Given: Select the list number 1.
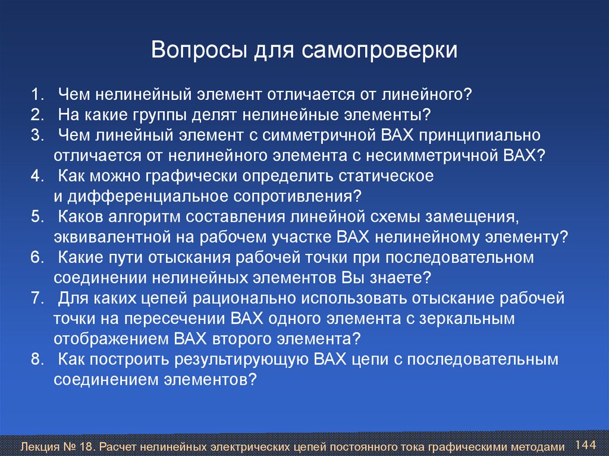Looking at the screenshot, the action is pyautogui.click(x=37, y=95).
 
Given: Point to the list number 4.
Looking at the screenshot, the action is pyautogui.click(x=37, y=176).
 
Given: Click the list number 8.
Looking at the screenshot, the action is pyautogui.click(x=37, y=359).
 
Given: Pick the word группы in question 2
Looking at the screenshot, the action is pyautogui.click(x=160, y=115).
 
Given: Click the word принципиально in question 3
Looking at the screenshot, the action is pyautogui.click(x=480, y=136).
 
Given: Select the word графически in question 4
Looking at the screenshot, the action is pyautogui.click(x=192, y=177).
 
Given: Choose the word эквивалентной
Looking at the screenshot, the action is pyautogui.click(x=112, y=237).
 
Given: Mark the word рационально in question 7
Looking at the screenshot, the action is pyautogui.click(x=244, y=298).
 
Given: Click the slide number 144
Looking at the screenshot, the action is pyautogui.click(x=585, y=445).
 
